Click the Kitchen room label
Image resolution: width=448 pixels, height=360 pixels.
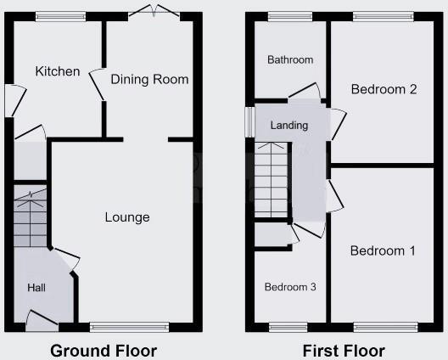(x=58, y=72)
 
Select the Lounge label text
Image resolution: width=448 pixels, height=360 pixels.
(x=127, y=217)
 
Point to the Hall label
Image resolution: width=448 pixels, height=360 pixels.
(x=36, y=288)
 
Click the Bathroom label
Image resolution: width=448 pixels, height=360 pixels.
(x=290, y=60)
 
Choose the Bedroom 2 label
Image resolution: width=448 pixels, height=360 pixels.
(x=384, y=89)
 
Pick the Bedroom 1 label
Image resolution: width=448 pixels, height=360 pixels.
(x=383, y=251)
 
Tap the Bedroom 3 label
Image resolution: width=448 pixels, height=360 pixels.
(x=290, y=287)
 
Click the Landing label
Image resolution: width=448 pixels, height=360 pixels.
(x=288, y=126)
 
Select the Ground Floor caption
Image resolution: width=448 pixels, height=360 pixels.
(x=104, y=350)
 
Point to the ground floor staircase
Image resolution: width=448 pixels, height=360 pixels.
(x=31, y=222)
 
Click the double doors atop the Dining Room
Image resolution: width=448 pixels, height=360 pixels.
(x=154, y=12)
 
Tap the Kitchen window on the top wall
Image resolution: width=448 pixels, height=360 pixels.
(x=60, y=15)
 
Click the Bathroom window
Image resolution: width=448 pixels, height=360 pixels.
(x=289, y=15)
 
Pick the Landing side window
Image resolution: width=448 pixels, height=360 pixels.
(x=249, y=121)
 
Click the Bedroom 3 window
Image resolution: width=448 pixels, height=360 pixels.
(x=288, y=326)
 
